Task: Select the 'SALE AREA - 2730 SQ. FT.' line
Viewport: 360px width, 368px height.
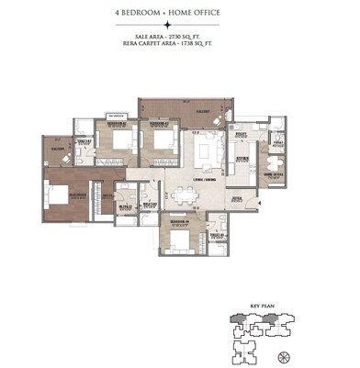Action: click(x=179, y=37)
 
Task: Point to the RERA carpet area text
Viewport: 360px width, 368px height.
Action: click(x=179, y=44)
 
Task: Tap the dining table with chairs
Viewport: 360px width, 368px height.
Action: click(x=186, y=195)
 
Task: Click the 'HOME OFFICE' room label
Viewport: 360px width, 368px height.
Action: click(x=274, y=173)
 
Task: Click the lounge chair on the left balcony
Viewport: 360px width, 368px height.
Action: click(x=52, y=155)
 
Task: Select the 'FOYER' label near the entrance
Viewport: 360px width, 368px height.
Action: click(x=236, y=197)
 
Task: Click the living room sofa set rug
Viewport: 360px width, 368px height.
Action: click(x=208, y=148)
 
